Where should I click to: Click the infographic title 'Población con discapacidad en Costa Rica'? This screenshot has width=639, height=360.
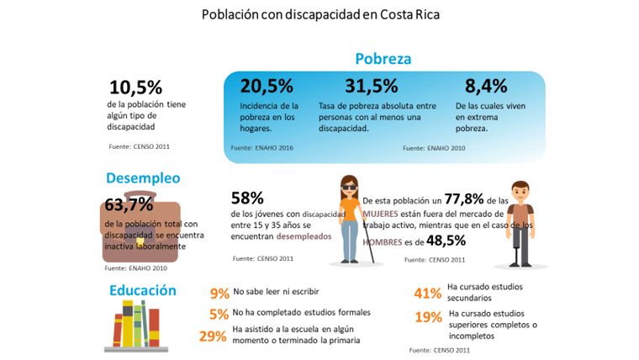click(x=319, y=15)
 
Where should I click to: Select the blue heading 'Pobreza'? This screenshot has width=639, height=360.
click(x=383, y=59)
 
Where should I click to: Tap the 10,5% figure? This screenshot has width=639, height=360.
click(x=135, y=87)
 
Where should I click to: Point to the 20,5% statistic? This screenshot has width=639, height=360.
click(x=267, y=86)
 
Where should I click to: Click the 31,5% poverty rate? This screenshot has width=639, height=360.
click(x=371, y=86)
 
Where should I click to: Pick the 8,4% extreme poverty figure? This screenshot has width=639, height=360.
click(x=486, y=86)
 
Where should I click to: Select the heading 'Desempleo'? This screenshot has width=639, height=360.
click(x=143, y=178)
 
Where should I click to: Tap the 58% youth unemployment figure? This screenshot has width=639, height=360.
click(x=247, y=199)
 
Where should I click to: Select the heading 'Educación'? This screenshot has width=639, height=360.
click(x=142, y=290)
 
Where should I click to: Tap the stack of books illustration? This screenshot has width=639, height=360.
click(x=136, y=326)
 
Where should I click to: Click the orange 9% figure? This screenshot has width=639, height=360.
click(x=219, y=294)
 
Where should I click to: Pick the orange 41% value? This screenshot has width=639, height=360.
click(x=428, y=294)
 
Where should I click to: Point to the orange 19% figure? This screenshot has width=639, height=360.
click(x=428, y=317)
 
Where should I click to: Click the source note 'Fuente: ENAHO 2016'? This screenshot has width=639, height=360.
click(x=261, y=147)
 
